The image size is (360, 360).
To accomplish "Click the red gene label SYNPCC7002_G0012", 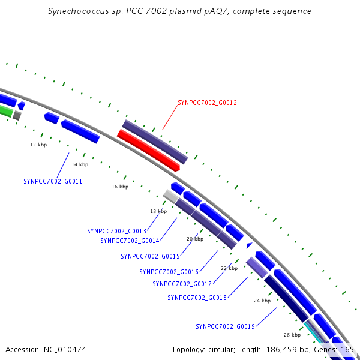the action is click(207, 103).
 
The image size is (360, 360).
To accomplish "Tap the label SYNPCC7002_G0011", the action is click(53, 181).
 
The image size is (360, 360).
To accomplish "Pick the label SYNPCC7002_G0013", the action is click(116, 231).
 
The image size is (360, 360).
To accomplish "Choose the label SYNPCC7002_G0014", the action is click(130, 241).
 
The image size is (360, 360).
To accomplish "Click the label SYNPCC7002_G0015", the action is click(150, 256).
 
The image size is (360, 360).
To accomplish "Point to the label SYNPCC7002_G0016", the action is click(169, 272).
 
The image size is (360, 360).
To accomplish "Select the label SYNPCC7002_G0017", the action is click(182, 284).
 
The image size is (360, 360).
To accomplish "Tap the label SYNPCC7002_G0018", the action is click(197, 298).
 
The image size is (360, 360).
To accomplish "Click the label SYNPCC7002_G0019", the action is click(225, 326).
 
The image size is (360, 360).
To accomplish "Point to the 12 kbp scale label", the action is click(38, 145).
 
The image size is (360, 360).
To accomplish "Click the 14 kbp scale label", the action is click(80, 164).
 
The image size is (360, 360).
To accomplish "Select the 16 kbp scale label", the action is click(120, 187).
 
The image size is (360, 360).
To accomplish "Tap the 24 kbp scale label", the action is click(262, 301).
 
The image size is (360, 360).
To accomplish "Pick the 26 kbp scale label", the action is click(292, 335).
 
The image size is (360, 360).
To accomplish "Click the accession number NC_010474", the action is click(65, 350).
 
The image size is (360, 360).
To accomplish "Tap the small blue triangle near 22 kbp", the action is click(249, 245).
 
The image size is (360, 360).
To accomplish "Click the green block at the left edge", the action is click(5, 111).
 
